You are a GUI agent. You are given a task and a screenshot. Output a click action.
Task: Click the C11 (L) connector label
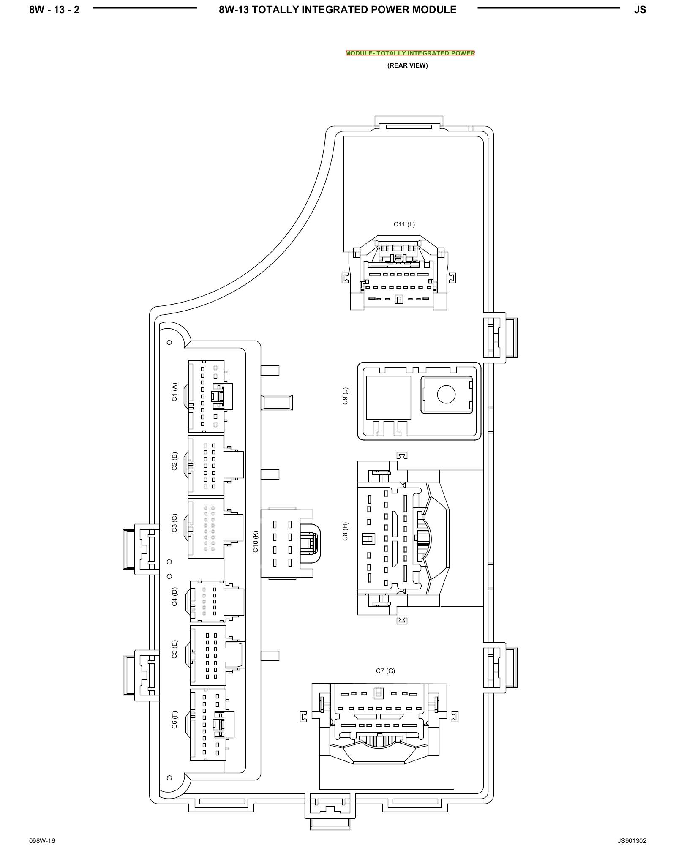404,224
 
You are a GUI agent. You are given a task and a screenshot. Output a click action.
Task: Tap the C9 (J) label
345,395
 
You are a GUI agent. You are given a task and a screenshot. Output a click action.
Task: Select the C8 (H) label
345,532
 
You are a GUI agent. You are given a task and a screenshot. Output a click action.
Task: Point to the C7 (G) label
385,671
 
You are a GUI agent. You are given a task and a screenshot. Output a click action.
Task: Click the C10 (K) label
256,542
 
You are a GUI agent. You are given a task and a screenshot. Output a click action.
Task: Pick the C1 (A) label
174,392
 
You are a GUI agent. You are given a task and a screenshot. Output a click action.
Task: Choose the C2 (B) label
174,461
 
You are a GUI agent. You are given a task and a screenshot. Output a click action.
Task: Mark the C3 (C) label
174,523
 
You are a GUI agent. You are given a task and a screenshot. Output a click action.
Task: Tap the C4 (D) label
174,597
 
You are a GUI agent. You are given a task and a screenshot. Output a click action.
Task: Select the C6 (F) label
174,720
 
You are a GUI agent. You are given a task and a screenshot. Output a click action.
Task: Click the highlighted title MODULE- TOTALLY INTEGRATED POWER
410,53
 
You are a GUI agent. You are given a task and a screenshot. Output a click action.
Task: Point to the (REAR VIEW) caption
407,65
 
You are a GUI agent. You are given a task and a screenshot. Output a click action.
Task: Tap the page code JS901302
632,829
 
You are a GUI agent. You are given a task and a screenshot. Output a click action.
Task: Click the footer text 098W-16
42,829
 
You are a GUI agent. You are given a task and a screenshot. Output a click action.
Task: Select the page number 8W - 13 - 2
54,10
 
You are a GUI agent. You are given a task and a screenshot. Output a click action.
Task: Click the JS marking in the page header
640,10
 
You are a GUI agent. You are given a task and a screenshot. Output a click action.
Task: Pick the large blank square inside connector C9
388,398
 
